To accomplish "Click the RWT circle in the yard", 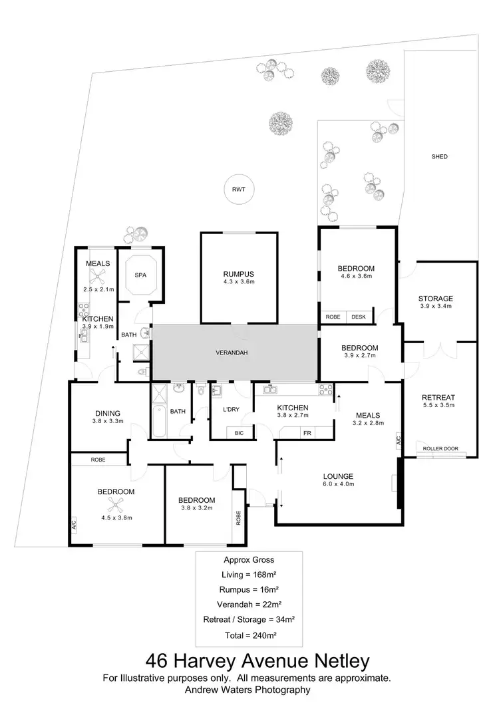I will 238,190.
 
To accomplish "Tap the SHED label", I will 439,157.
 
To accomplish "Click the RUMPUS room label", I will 238,274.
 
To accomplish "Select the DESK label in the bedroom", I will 359,317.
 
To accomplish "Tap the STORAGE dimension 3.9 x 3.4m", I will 436,307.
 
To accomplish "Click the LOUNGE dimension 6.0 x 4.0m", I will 339,484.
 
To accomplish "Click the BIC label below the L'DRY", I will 239,433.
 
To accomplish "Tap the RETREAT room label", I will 438,398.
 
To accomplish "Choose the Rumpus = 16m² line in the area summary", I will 249,589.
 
